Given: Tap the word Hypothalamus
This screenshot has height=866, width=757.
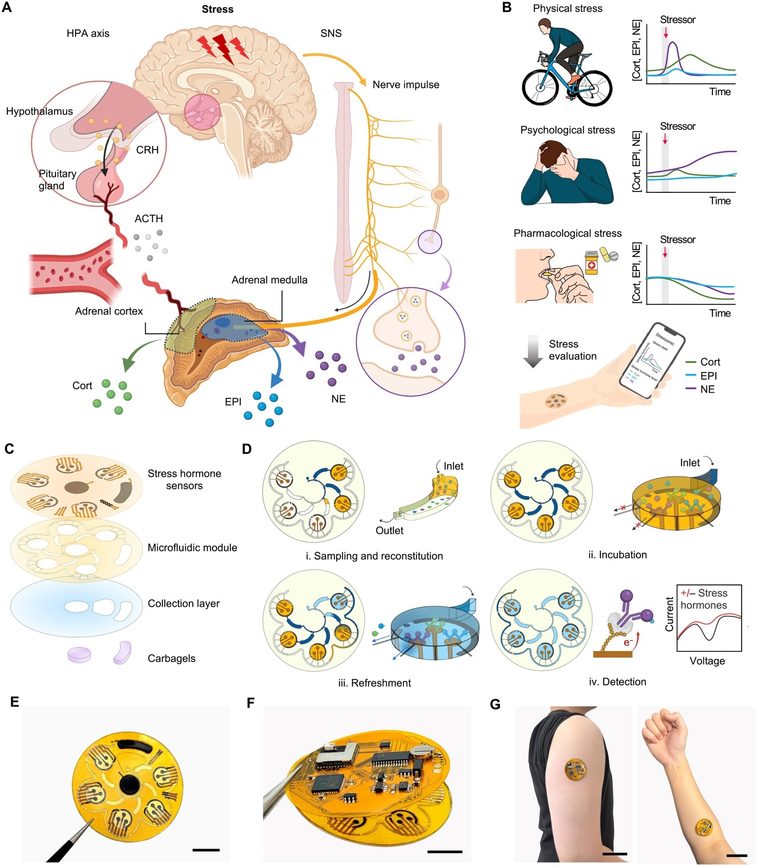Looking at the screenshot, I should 39,111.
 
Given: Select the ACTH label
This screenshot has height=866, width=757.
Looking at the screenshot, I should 149,219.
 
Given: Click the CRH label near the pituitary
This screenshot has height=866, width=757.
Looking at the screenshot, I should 147,150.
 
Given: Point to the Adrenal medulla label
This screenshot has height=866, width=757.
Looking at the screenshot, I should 269,280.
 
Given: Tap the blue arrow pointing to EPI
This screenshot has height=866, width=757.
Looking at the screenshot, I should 272,364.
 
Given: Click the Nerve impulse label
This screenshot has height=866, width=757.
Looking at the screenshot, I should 406,85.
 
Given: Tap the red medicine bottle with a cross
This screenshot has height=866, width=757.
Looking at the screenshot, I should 591,263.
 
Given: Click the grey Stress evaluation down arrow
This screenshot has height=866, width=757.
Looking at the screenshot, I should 533,351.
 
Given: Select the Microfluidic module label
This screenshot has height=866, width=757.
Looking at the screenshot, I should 192,548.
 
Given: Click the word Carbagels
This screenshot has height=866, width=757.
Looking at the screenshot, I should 171,659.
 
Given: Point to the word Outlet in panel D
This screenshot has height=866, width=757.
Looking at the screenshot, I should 389,530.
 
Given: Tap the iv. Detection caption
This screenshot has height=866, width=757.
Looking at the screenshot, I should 617,682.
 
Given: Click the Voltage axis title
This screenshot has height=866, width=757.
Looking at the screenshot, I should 707,661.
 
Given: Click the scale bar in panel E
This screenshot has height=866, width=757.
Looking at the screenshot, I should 206,850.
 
